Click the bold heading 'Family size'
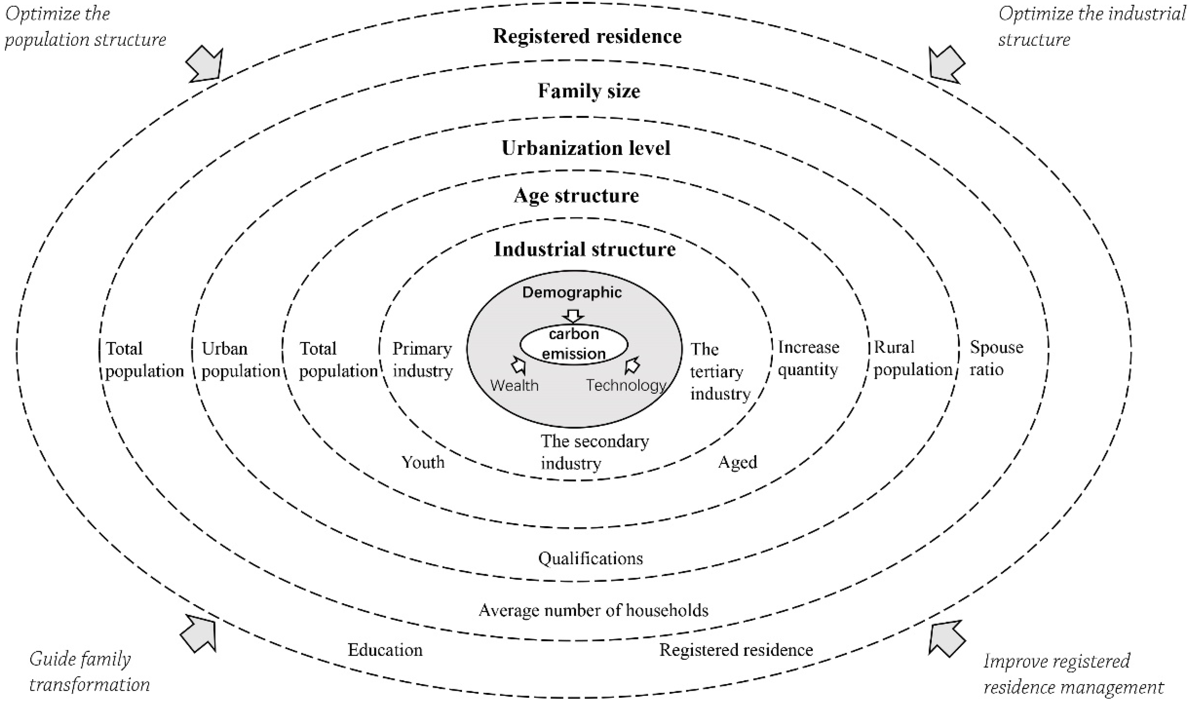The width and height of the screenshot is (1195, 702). [588, 91]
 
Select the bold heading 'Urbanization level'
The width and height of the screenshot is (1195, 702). [586, 148]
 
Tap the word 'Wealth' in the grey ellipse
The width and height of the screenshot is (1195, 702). [515, 385]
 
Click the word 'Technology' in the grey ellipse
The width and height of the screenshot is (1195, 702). [626, 385]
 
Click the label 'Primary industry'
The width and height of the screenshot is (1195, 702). [422, 360]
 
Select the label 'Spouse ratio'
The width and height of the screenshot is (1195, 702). [996, 359]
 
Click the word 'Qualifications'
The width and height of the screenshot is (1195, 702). [590, 559]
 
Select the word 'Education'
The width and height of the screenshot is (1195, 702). [385, 650]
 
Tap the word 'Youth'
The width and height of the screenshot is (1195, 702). [423, 462]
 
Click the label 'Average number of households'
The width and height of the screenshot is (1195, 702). [593, 610]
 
